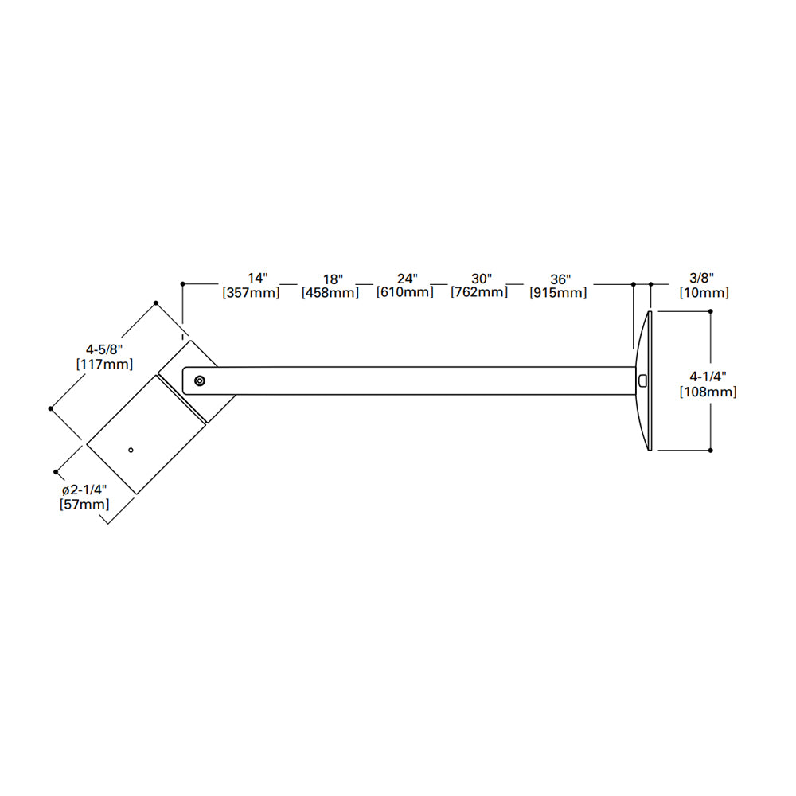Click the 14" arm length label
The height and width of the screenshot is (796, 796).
(258, 278)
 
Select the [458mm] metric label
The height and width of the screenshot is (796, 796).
(330, 293)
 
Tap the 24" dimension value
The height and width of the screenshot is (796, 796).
(407, 279)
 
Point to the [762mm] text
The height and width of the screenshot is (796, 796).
(479, 292)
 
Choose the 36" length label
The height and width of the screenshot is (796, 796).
(560, 279)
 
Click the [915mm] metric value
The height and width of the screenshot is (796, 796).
(558, 293)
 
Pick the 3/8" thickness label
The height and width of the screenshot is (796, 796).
(701, 278)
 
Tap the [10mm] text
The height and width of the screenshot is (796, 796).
(704, 293)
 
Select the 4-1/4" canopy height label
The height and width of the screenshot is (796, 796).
(708, 377)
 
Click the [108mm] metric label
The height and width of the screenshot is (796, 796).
(708, 392)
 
